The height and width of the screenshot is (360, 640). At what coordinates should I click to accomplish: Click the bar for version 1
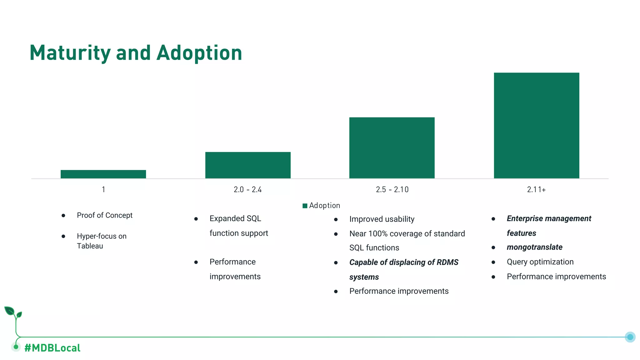click(x=103, y=174)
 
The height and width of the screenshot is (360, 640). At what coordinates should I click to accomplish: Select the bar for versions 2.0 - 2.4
click(x=248, y=165)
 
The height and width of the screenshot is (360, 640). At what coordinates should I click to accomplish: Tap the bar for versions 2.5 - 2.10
click(x=392, y=148)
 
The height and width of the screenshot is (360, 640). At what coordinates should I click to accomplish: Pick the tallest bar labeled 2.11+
click(x=536, y=125)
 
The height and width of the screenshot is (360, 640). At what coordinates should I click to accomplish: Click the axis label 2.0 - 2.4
click(x=247, y=190)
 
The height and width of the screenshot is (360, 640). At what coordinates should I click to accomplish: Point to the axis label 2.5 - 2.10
click(x=392, y=190)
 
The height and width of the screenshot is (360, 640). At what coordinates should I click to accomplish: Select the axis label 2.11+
click(x=536, y=190)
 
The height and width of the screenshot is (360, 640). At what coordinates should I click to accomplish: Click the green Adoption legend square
click(x=305, y=206)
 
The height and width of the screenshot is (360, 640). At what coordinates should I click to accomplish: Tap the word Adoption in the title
click(x=199, y=53)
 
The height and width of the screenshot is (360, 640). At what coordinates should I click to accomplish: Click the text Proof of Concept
click(x=104, y=215)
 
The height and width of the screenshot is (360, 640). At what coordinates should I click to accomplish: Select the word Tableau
click(x=90, y=246)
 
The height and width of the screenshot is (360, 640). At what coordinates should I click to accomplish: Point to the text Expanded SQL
click(x=235, y=218)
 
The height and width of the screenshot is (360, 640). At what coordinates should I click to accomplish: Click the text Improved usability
click(x=382, y=219)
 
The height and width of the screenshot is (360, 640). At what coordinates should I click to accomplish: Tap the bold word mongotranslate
click(x=534, y=247)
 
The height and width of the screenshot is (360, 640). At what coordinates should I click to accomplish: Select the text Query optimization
click(x=540, y=262)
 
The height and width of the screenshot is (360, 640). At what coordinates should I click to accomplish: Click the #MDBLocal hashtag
click(x=52, y=348)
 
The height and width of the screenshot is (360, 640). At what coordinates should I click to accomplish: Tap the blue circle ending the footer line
click(x=630, y=337)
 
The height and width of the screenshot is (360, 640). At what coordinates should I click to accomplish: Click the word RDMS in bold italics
click(x=447, y=262)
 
